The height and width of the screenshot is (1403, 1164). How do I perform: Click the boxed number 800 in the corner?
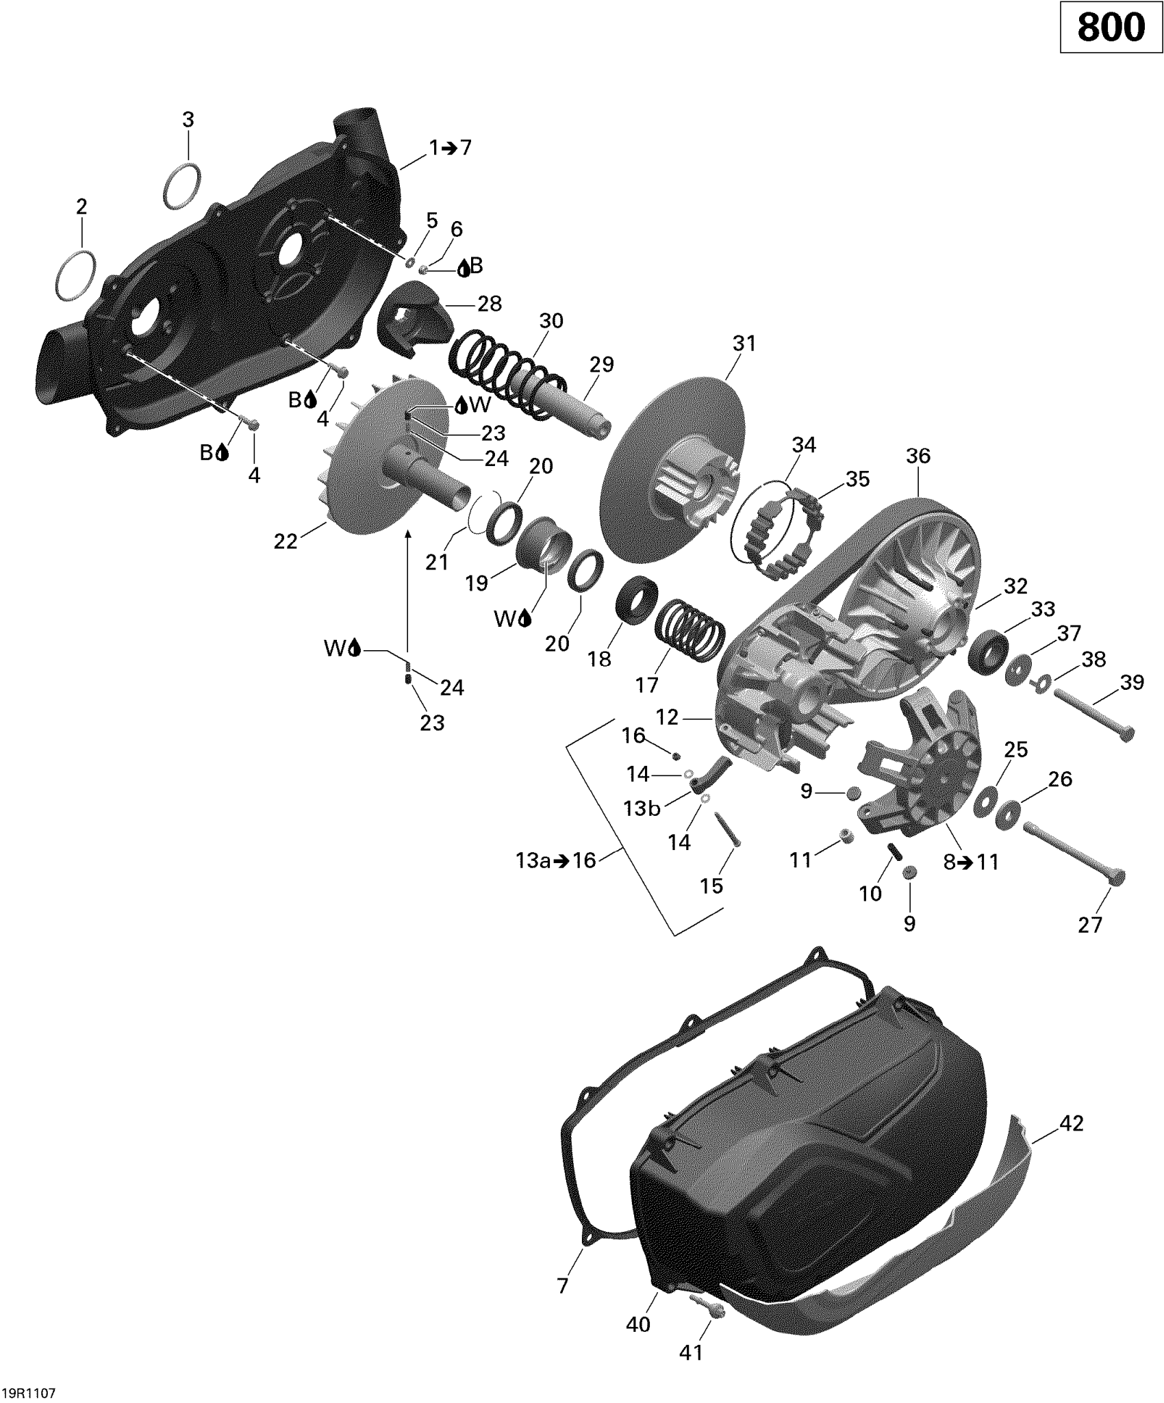pyautogui.click(x=1111, y=27)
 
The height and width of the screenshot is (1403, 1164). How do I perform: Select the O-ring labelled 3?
pyautogui.click(x=183, y=185)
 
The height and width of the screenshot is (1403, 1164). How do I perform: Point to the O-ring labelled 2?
pyautogui.click(x=75, y=276)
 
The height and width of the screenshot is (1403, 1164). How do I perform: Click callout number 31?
pyautogui.click(x=744, y=343)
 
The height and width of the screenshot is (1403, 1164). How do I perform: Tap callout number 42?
pyautogui.click(x=1071, y=1123)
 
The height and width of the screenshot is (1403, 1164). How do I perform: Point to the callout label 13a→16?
pyautogui.click(x=556, y=860)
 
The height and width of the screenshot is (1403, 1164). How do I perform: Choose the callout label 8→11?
pyautogui.click(x=971, y=862)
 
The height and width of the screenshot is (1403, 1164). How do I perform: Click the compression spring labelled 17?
pyautogui.click(x=690, y=628)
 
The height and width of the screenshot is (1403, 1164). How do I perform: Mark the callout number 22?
pyautogui.click(x=286, y=541)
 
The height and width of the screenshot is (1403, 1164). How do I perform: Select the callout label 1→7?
pyautogui.click(x=450, y=148)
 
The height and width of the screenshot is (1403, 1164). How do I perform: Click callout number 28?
pyautogui.click(x=490, y=303)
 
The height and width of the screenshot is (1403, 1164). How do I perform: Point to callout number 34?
pyautogui.click(x=804, y=445)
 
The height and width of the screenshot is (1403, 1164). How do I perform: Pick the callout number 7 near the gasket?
pyautogui.click(x=563, y=1287)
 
